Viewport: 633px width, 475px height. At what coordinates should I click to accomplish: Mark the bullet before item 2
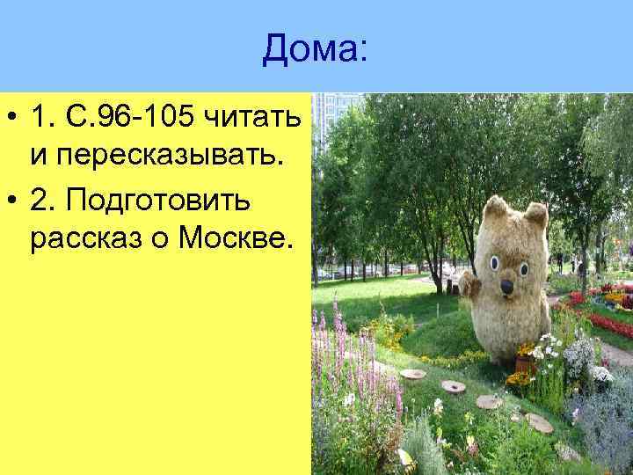13,199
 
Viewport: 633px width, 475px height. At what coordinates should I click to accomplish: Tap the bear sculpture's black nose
507,286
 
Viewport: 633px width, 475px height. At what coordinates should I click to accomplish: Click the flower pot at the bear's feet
525,363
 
